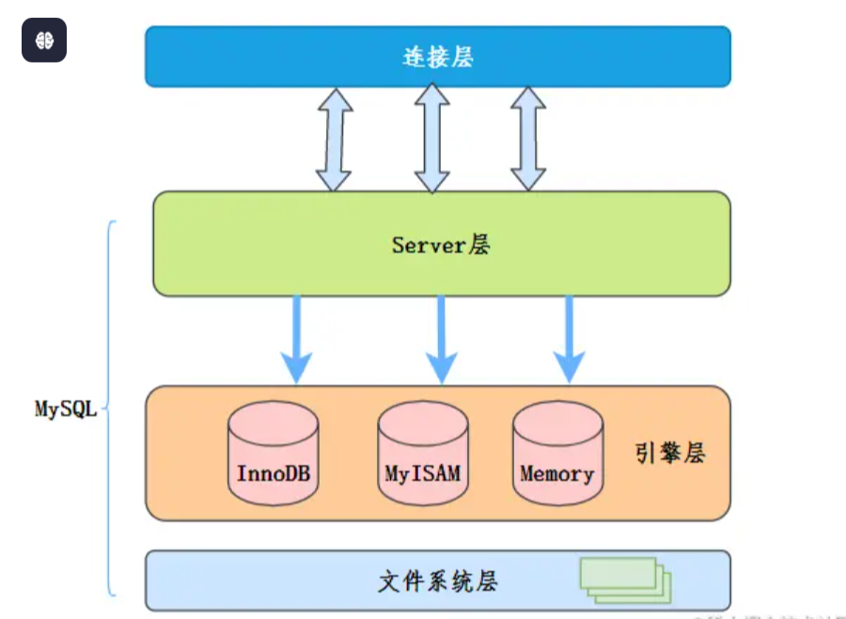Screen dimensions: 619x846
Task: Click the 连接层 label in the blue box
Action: (x=437, y=57)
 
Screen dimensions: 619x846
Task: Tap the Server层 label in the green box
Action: (x=441, y=245)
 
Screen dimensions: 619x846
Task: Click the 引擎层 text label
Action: (x=669, y=454)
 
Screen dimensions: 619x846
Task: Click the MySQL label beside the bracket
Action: (x=66, y=410)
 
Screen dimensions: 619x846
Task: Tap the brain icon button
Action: (x=44, y=40)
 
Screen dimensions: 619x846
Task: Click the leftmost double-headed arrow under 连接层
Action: (x=334, y=140)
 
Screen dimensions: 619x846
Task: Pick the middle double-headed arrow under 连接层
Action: (x=432, y=138)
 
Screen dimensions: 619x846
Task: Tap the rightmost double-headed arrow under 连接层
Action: (x=528, y=140)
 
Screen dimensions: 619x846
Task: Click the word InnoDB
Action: (x=274, y=472)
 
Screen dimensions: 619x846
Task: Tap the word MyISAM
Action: (x=423, y=472)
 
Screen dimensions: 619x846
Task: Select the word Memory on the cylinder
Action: (x=557, y=472)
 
